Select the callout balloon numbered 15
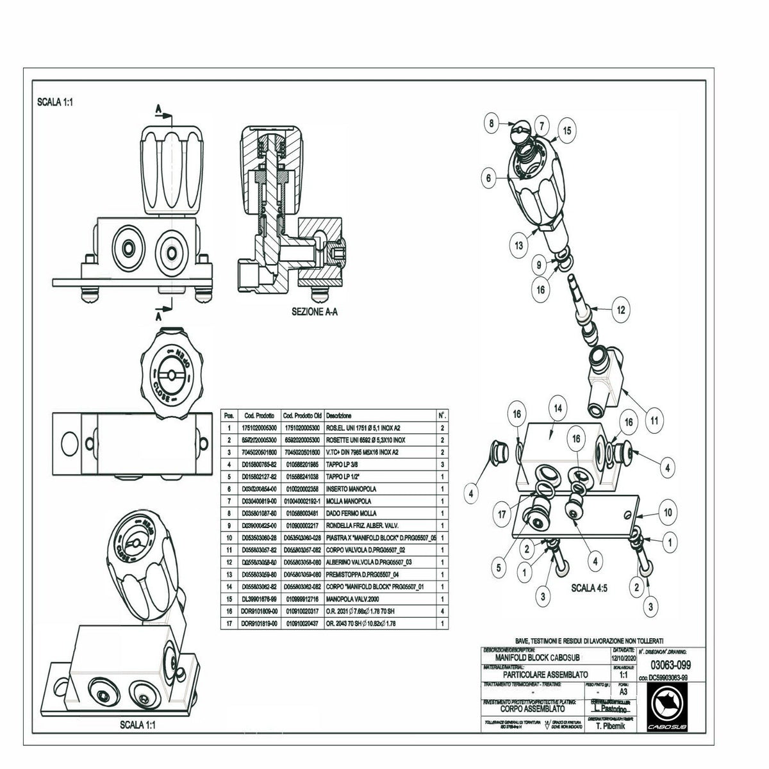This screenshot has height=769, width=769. tap(566, 130)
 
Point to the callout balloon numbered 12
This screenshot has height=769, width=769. tap(620, 310)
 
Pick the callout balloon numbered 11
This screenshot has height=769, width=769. tap(654, 421)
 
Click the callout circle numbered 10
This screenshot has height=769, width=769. tap(667, 512)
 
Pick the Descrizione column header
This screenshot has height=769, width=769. tap(338, 416)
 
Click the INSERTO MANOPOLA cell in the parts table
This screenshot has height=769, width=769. tap(352, 489)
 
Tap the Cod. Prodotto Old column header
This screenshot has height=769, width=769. tap(301, 416)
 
